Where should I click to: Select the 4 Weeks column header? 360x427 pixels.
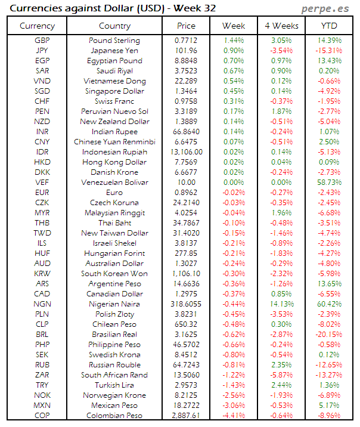tap(281, 26)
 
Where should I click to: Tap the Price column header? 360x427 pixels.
tap(186, 26)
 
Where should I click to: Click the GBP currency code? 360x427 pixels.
tap(42, 41)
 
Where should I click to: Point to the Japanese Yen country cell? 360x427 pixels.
tap(114, 51)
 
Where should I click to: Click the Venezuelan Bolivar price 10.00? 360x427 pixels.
tap(186, 182)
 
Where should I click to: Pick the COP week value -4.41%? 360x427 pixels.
tap(234, 416)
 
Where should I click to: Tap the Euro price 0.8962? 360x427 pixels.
tap(186, 193)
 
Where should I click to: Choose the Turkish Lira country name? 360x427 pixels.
tap(114, 385)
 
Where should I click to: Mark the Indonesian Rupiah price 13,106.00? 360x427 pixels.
tap(186, 152)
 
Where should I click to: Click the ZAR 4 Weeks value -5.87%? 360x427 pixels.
tap(281, 375)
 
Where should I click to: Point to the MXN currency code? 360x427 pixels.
tap(42, 406)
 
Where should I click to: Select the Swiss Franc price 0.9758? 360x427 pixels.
tap(186, 101)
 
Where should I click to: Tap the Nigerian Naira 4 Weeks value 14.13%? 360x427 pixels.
tap(281, 304)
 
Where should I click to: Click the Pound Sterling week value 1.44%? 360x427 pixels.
tap(234, 41)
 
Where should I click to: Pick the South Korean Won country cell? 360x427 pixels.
tap(114, 274)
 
